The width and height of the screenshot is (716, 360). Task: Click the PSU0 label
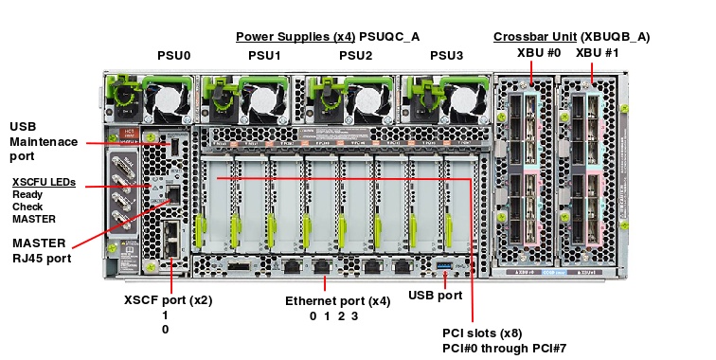(x=174, y=56)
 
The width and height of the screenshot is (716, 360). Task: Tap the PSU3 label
(x=447, y=56)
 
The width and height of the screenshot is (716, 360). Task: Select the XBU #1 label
(x=598, y=53)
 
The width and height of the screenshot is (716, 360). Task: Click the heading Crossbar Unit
(x=535, y=37)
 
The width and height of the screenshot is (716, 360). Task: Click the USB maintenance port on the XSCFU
(x=174, y=147)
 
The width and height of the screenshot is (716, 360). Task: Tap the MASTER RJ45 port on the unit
(x=174, y=194)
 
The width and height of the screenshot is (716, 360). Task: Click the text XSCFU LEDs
(x=44, y=182)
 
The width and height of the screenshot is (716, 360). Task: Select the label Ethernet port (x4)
(x=338, y=301)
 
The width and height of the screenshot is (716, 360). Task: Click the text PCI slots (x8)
(x=482, y=333)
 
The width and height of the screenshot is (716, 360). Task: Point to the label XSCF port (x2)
(x=168, y=300)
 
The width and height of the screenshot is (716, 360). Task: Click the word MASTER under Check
(x=34, y=219)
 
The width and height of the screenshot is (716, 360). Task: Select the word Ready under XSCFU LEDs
(x=27, y=194)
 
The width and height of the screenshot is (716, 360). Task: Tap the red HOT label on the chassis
(x=129, y=134)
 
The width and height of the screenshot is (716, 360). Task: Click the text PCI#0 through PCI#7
(x=504, y=349)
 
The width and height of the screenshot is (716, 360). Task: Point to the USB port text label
(x=435, y=296)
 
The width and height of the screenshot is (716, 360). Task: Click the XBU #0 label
(x=539, y=53)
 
